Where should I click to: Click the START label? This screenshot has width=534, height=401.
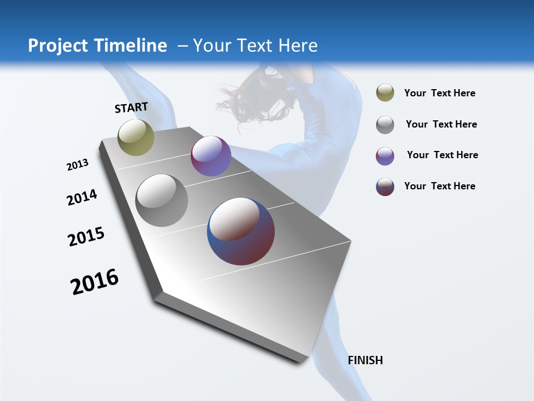coord(131,107)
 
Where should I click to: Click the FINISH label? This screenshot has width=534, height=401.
coord(365,360)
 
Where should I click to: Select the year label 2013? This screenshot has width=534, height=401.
coord(77,165)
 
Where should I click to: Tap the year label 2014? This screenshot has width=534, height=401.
coord(82,197)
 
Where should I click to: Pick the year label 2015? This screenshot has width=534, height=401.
coord(86,237)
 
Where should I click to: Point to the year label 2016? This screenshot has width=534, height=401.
coord(95,282)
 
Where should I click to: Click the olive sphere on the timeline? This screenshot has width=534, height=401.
coord(136,138)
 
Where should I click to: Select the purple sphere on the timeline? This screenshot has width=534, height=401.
coord(211,156)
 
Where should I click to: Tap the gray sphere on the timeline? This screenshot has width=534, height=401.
coord(162,200)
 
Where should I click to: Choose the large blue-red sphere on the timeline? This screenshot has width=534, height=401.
coord(241,231)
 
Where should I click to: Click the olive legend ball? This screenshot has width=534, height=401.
coord(385,93)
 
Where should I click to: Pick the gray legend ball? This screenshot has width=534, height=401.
coord(385,125)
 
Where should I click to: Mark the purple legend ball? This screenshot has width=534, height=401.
coord(385,156)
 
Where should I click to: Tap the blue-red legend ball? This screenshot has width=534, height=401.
coord(385,187)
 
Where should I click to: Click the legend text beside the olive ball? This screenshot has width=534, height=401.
coord(439,93)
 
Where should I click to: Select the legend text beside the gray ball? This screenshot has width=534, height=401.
coord(441,124)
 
